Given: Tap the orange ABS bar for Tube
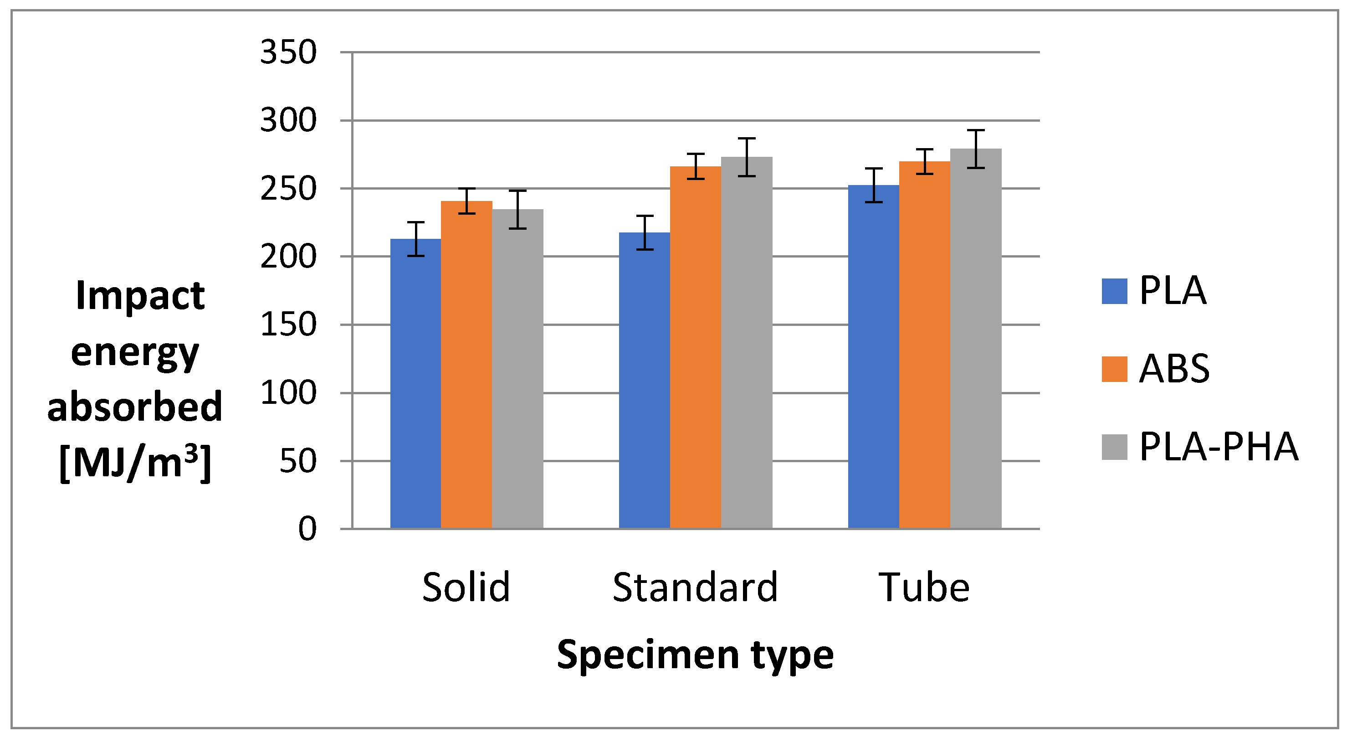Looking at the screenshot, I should pyautogui.click(x=924, y=345).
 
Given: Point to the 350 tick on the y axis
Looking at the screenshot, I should pyautogui.click(x=288, y=52).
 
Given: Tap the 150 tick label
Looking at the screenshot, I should pyautogui.click(x=288, y=325).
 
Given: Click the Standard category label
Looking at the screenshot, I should pyautogui.click(x=695, y=588).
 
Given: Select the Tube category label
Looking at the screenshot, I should pyautogui.click(x=924, y=588).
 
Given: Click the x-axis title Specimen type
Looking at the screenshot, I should pyautogui.click(x=695, y=655).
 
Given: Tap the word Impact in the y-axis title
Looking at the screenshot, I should pyautogui.click(x=139, y=295).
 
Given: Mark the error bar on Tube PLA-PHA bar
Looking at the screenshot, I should pyautogui.click(x=976, y=149).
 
